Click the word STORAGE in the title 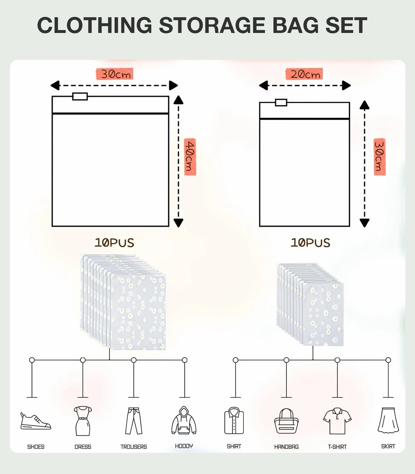coord(212,25)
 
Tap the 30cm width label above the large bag coord(115,74)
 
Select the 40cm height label coord(190,157)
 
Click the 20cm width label coord(304,74)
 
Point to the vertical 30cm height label coord(380,157)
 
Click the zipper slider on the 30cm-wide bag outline coord(80,96)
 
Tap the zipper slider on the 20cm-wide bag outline coord(281,102)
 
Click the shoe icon coord(36,421)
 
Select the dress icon coord(83,421)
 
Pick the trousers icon coord(134,421)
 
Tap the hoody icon coord(184,420)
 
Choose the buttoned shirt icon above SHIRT coord(234,420)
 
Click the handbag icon coord(286,421)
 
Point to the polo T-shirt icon coord(337,421)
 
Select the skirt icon coord(388,420)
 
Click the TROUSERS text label coord(134,447)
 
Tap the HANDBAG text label coord(286,447)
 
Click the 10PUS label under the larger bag coord(114,243)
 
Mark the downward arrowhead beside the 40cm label coord(178,223)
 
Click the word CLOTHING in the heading coord(95,25)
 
